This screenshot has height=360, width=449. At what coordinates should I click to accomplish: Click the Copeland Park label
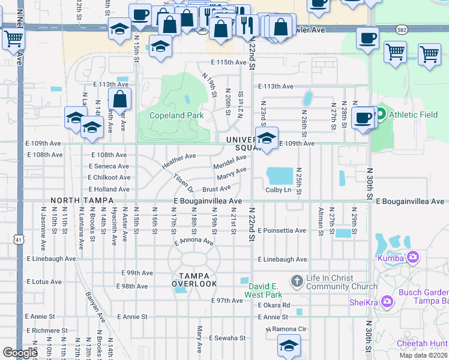pos(176,116)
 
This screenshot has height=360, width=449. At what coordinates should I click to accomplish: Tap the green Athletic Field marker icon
pos(379,114)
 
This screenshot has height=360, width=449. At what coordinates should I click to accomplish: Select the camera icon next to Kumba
pos(412,257)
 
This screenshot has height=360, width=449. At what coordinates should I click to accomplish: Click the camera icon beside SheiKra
pos(387,301)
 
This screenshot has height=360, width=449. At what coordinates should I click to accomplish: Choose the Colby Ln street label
pos(279,190)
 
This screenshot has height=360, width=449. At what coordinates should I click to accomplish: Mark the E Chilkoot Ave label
pos(109,178)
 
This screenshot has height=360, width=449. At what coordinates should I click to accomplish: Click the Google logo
pos(20,353)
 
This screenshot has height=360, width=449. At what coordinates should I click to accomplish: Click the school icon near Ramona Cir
pos(289,346)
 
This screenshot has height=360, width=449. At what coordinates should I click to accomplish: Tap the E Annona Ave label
pos(193,242)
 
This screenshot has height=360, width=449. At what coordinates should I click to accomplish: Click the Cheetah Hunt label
pos(422,344)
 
